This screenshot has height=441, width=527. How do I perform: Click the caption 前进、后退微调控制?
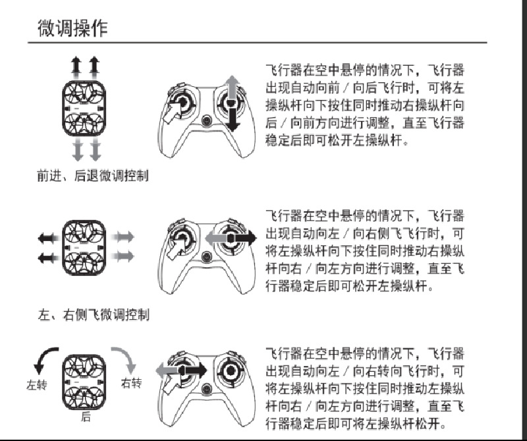click(92, 176)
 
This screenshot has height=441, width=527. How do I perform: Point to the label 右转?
click(131, 383)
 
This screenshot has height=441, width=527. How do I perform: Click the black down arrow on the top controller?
click(233, 118)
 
